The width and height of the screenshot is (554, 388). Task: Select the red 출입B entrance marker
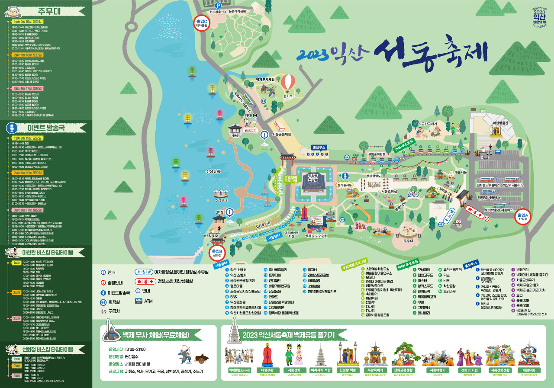217,253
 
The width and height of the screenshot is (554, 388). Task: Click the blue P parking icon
219,5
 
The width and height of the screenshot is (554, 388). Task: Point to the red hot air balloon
288,83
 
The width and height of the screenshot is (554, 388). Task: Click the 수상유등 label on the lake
213,172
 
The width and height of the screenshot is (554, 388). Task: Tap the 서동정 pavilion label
236,135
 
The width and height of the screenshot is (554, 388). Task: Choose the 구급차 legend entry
114,311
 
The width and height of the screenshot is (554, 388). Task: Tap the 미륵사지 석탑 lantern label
321,370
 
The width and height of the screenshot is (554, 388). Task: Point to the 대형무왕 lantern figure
266,370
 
